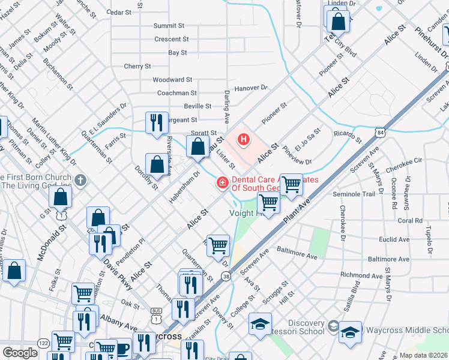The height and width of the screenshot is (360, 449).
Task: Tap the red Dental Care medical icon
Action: tap(222, 182)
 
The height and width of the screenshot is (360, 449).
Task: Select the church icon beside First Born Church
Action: tap(81, 180)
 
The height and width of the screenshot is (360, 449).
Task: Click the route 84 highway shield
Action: tap(382, 131)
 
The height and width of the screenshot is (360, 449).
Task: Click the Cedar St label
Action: tap(118, 12)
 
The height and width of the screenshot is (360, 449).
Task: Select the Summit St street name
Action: tap(168, 26)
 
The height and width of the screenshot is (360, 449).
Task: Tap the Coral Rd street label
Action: tap(410, 220)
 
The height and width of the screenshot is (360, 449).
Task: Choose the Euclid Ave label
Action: tap(394, 239)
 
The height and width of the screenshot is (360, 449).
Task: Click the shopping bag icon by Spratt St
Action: tap(197, 146)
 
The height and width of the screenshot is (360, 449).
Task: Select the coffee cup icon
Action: tap(122, 348)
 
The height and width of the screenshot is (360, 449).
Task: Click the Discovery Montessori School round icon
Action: tap(333, 327)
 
